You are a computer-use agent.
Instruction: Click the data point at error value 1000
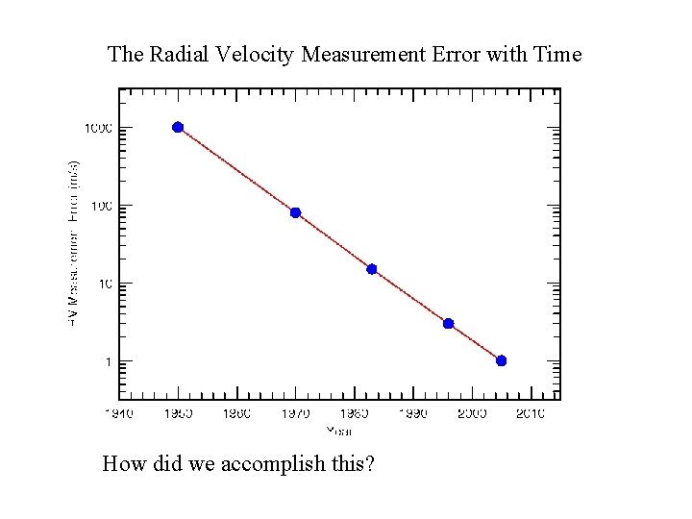point(178,127)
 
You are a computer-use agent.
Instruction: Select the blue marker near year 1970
point(295,212)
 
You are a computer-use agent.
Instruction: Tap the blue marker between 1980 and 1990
point(372,269)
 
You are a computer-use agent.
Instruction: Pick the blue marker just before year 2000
point(448,323)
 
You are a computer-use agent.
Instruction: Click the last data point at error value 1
point(501,360)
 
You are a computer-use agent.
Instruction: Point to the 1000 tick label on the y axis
point(98,128)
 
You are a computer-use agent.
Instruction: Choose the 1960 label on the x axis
point(236,413)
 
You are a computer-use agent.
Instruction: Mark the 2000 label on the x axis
point(471,413)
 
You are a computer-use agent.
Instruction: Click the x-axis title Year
point(339,430)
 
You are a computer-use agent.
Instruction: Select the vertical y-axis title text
point(74,240)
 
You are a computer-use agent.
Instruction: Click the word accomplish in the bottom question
point(273,465)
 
